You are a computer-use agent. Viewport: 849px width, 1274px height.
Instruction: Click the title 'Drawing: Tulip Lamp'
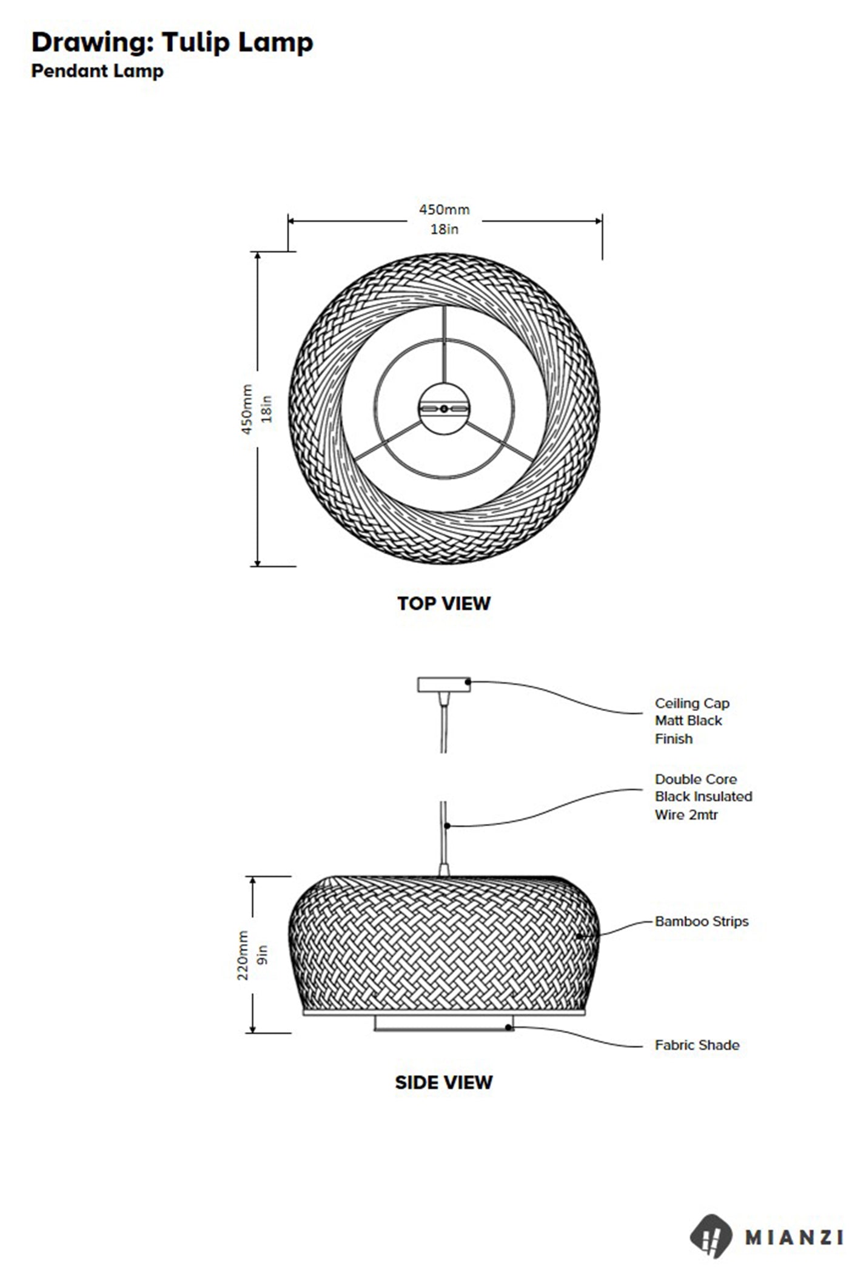coord(172,43)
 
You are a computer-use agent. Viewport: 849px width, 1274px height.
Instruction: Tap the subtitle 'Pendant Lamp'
coord(97,71)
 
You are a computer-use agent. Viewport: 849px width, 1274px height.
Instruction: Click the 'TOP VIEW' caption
coord(444,603)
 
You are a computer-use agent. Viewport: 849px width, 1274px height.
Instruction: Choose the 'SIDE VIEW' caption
coord(444,1082)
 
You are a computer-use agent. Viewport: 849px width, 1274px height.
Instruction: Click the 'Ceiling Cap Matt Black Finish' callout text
coord(692,721)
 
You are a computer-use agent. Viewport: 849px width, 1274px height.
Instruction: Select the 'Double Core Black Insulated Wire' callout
coord(703,797)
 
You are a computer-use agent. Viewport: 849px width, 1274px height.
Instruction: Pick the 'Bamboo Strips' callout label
coord(702,921)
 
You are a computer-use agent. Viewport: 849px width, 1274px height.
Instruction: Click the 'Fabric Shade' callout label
coord(697,1045)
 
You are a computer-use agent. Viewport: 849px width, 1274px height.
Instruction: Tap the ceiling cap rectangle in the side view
coord(444,685)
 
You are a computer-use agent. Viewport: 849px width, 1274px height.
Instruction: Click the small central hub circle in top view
coord(444,409)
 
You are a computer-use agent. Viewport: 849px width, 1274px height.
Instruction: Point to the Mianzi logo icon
coord(711,1235)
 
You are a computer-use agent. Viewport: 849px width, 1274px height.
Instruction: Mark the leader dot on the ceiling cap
coord(468,682)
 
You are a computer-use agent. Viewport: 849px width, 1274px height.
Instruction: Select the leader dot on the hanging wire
coord(447,826)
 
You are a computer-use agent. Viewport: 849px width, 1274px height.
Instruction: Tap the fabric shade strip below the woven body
coord(444,1023)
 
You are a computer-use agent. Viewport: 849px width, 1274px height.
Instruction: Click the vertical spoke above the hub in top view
coord(445,345)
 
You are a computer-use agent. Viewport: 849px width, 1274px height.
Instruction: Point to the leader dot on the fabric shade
coord(508,1027)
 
